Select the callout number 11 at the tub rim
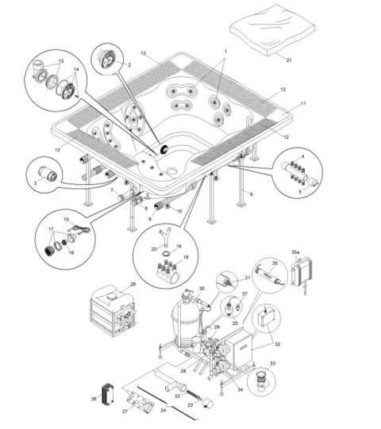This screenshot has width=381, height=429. coord(302,104)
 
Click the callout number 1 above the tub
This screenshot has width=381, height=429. coord(225,51)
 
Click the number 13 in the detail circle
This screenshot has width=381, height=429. coord(61,60)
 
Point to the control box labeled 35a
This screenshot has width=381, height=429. coord(304,272)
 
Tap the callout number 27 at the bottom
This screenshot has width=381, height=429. coord(124,412)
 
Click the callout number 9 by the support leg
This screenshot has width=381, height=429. coord(252,193)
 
